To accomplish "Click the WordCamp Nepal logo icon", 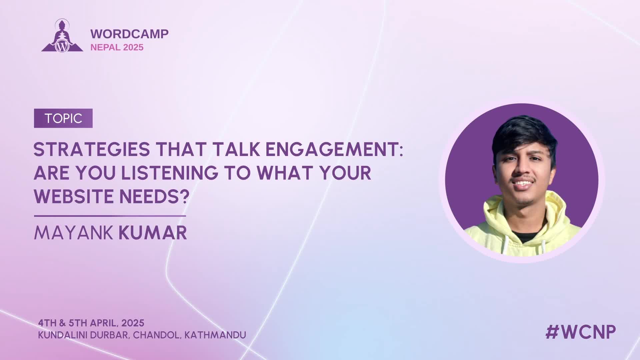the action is tap(62, 36).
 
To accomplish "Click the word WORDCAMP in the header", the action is tap(129, 34).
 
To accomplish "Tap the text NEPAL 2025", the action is tap(117, 47).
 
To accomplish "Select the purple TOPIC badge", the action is tap(63, 118).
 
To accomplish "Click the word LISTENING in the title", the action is tap(170, 173).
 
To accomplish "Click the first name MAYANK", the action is tap(74, 233).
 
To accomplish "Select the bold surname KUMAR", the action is tap(153, 233).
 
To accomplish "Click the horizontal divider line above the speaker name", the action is tap(110, 216).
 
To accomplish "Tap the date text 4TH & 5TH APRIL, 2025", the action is tap(91, 323).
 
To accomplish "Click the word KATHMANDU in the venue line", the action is tap(215, 335).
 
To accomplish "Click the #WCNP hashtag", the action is tap(581, 332).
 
